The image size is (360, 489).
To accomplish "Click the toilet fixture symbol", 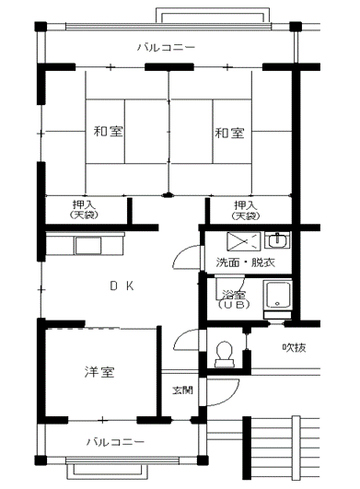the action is [x=225, y=354].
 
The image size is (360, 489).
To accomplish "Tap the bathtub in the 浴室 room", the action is [x=277, y=296].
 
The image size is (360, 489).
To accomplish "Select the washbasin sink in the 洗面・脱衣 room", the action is [x=277, y=239].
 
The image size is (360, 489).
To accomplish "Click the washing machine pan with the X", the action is [x=243, y=241].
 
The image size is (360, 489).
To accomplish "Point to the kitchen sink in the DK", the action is [x=87, y=246].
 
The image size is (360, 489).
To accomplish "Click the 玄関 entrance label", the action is [x=183, y=390].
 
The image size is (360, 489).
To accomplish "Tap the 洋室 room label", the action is [x=99, y=372].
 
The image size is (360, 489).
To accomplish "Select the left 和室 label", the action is [x=108, y=132].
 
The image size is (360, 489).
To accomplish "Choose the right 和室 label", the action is [x=229, y=134].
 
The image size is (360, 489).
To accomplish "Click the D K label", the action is [x=122, y=285].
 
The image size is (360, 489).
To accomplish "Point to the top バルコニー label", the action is [x=167, y=47].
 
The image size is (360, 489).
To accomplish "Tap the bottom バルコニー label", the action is [x=115, y=442].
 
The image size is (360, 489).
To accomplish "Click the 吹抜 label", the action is [x=294, y=347].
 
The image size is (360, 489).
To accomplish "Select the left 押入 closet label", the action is [x=84, y=209].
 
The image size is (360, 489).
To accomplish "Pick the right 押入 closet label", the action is [x=246, y=210].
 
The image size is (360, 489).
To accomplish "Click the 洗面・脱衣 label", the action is [x=246, y=262].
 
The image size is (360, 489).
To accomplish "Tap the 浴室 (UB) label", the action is [x=234, y=299].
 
